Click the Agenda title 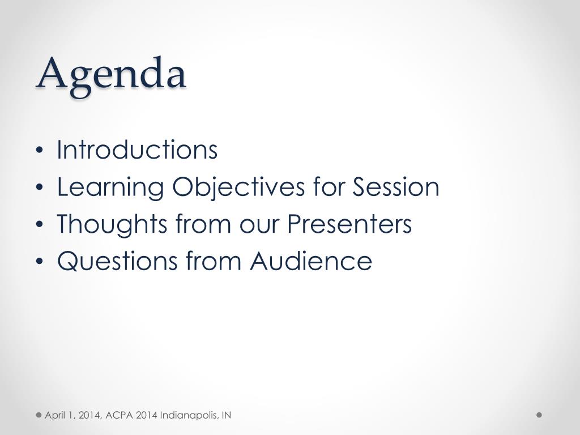[111, 76]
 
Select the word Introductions [137, 150]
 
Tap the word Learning [110, 187]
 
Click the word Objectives [238, 187]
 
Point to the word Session [396, 187]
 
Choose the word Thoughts [112, 224]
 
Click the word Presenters [349, 224]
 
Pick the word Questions [117, 261]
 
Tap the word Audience [311, 261]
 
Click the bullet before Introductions [40, 151]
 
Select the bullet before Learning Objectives [40, 187]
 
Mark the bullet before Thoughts [40, 224]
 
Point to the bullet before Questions [40, 262]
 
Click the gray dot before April [39, 415]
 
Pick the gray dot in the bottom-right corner [539, 415]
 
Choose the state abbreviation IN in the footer [227, 415]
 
